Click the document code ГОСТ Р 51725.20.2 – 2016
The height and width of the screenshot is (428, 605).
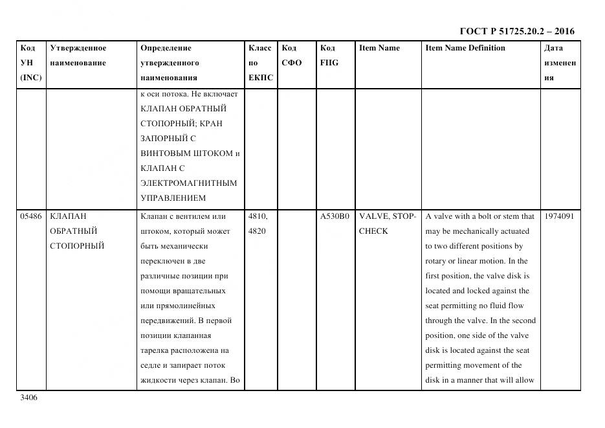[516, 31]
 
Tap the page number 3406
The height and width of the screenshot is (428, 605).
[29, 398]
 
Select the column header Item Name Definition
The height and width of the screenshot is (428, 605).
[465, 48]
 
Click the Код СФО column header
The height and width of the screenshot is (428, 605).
[292, 56]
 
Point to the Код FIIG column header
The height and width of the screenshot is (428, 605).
[329, 56]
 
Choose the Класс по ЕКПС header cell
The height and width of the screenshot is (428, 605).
[261, 63]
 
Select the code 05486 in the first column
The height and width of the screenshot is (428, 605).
[31, 216]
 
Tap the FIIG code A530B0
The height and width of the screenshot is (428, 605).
[335, 216]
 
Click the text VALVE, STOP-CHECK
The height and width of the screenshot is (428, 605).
[387, 223]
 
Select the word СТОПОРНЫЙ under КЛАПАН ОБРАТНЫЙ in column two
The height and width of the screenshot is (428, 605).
[77, 246]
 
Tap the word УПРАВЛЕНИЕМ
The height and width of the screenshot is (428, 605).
[173, 198]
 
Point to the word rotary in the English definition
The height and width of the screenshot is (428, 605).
[437, 261]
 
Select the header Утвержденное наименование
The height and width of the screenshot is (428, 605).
[78, 56]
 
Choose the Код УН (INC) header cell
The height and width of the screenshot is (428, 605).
[31, 63]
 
